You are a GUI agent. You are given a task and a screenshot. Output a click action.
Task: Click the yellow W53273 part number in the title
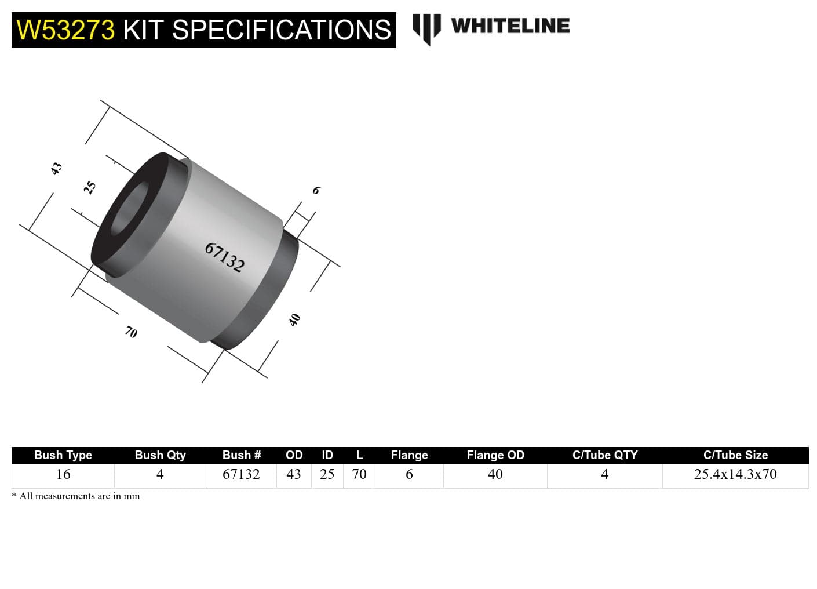click(65, 30)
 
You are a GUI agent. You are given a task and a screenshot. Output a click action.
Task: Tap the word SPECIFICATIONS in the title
click(282, 30)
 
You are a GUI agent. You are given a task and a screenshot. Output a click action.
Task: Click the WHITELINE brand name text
click(510, 26)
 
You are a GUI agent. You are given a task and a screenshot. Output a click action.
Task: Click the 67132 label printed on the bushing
click(225, 257)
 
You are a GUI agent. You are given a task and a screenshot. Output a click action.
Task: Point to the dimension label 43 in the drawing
click(56, 169)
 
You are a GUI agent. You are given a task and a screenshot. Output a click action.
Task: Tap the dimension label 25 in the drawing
click(90, 187)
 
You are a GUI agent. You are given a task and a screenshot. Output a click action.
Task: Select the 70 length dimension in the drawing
click(131, 332)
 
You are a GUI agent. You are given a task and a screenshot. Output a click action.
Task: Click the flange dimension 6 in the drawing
click(316, 190)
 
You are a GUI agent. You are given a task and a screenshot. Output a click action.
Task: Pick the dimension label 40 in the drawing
click(295, 319)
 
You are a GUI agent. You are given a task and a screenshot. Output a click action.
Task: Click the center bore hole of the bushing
click(129, 209)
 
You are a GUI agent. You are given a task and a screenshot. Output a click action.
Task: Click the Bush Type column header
click(63, 455)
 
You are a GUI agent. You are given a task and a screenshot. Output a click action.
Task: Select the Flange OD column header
click(495, 455)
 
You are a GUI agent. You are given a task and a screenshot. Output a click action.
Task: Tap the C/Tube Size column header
click(735, 455)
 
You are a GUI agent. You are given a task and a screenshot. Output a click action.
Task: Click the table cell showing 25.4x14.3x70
click(735, 474)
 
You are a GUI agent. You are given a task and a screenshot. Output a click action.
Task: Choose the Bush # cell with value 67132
click(241, 474)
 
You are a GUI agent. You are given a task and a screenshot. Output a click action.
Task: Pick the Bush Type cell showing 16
click(63, 474)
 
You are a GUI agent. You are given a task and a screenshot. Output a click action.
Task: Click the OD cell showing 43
click(294, 474)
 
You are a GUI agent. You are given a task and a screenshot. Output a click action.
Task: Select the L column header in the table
click(359, 455)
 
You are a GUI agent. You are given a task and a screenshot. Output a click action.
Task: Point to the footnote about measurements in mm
click(76, 496)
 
